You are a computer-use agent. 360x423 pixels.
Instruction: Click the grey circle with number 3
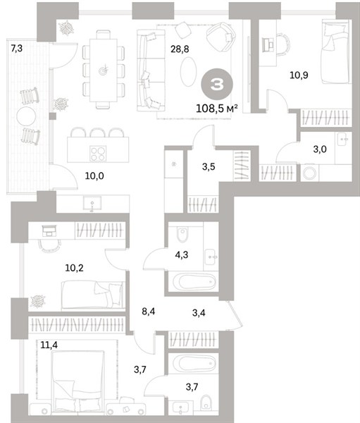click(217, 84)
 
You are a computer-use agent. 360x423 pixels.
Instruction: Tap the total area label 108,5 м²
click(217, 109)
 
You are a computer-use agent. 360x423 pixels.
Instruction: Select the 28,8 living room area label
click(180, 49)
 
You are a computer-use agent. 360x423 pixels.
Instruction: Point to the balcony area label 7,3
click(17, 49)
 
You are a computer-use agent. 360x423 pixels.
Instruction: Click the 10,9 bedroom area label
click(299, 75)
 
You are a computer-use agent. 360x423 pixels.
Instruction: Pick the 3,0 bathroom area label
click(320, 149)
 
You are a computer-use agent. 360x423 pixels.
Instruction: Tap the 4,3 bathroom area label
click(182, 255)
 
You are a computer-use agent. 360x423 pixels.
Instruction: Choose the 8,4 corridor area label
click(149, 312)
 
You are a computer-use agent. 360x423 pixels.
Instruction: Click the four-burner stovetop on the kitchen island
click(98, 154)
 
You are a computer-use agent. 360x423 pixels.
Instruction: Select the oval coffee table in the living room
click(187, 72)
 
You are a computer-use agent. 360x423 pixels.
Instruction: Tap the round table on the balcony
click(26, 116)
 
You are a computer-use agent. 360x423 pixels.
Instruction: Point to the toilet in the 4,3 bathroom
click(182, 234)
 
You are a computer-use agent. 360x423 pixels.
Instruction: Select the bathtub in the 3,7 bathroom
click(194, 362)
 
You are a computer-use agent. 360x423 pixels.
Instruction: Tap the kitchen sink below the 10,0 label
click(92, 204)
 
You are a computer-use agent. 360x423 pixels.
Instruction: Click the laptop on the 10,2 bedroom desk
click(49, 231)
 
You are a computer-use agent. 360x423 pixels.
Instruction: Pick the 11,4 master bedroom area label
click(49, 345)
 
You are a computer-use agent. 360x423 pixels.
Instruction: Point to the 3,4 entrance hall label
click(199, 312)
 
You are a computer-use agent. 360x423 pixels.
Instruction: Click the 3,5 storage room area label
click(209, 166)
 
